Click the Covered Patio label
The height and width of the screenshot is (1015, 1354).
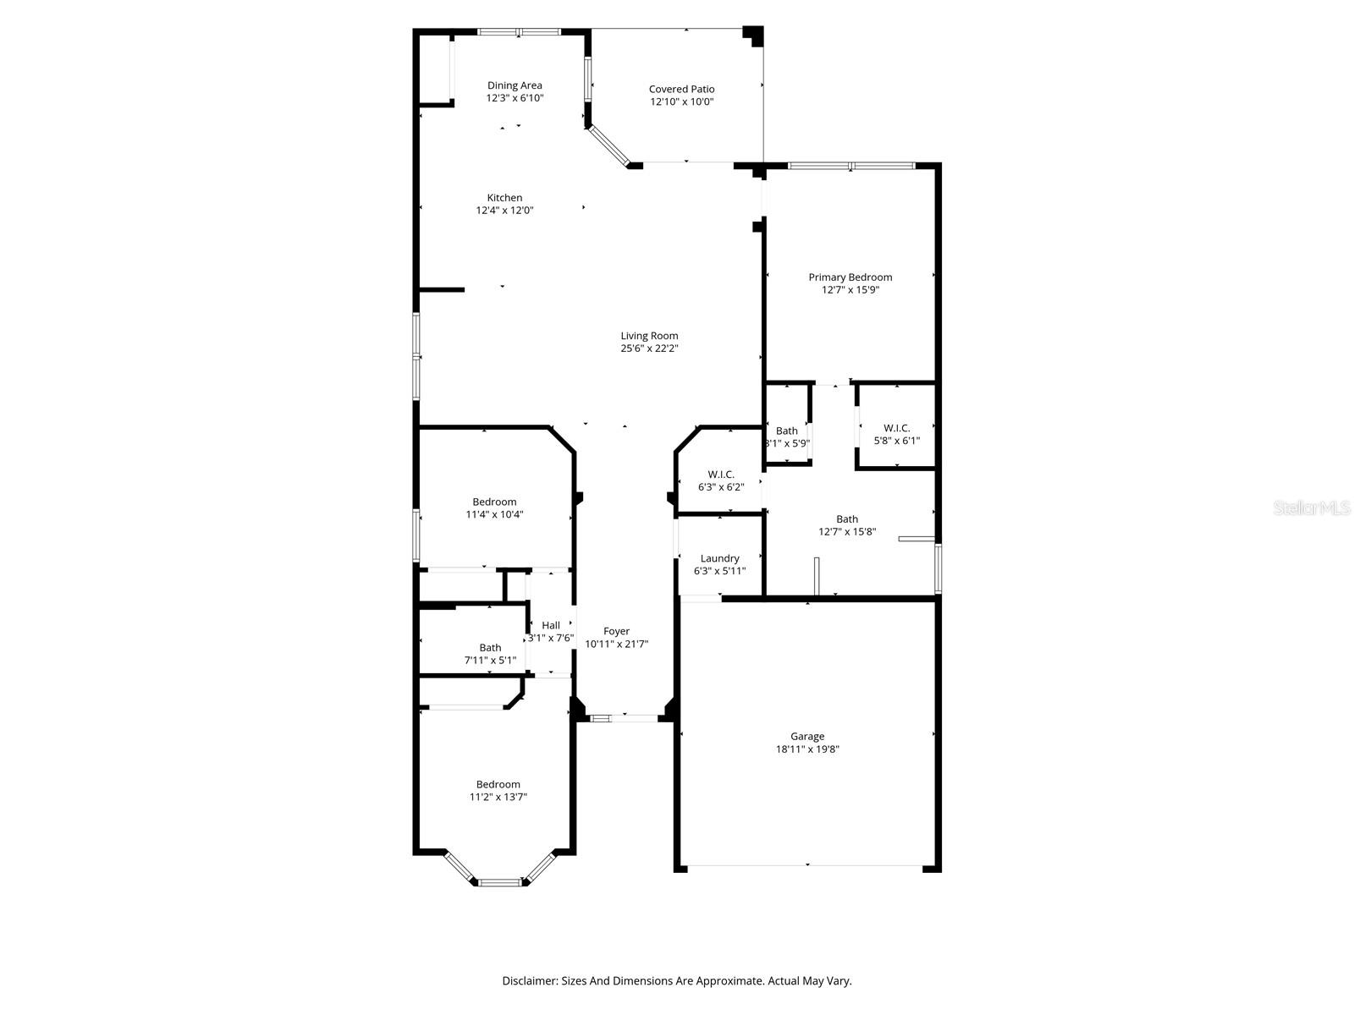[x=681, y=90]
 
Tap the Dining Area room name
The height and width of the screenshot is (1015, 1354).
[x=515, y=85]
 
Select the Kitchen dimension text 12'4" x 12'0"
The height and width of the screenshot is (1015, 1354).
[x=504, y=210]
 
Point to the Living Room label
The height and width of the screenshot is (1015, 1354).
[x=649, y=336]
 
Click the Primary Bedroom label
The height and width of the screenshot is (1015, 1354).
[x=850, y=277]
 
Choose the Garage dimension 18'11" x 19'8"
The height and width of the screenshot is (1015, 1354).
[x=807, y=749]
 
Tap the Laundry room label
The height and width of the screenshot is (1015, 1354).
[x=719, y=558]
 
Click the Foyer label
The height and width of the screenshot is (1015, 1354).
[x=616, y=631]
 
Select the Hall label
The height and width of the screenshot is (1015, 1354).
[x=551, y=625]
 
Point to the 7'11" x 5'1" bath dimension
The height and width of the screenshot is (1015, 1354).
[x=490, y=660]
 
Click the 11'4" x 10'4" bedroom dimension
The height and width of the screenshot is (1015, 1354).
[x=495, y=514]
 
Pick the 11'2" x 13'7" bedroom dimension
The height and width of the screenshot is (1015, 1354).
[x=498, y=797]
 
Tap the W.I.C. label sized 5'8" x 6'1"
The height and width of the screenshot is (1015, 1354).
[x=896, y=428]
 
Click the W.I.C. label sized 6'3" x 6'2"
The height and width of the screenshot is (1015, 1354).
[x=720, y=475]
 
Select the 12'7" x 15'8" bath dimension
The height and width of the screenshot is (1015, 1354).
[x=847, y=532]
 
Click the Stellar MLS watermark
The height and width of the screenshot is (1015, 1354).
[x=1312, y=507]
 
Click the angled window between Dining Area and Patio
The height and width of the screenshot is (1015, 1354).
[x=608, y=146]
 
